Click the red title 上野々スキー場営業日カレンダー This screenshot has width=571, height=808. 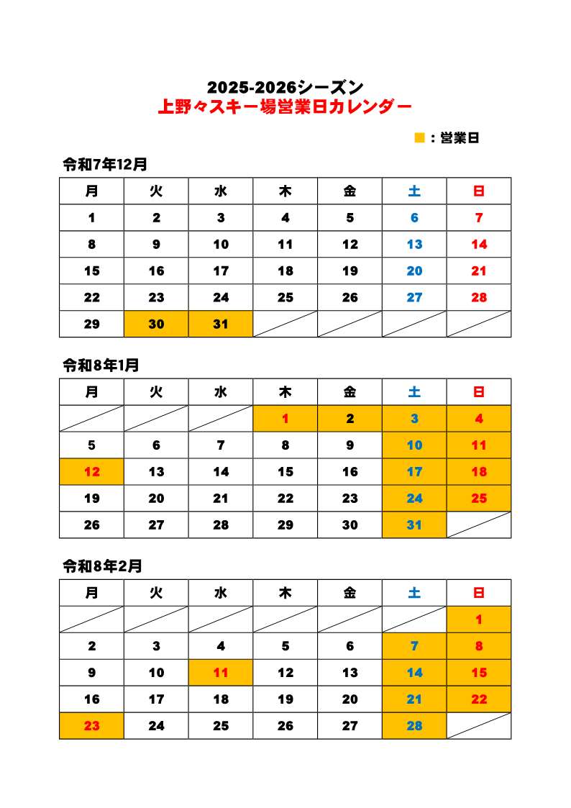285,108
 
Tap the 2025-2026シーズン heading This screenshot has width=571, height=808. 285,88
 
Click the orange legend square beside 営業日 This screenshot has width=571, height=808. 419,137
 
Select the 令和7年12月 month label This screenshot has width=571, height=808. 105,164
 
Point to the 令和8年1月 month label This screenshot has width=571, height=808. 101,366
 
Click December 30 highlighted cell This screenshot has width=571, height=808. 156,324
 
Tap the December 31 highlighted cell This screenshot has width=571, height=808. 221,324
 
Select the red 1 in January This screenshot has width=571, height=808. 285,419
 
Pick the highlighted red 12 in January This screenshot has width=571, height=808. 91,472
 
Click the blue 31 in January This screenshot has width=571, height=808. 414,525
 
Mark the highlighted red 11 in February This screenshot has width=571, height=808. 221,673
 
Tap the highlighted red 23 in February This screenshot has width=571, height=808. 91,726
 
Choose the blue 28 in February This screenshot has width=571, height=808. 414,726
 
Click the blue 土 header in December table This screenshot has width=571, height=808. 414,191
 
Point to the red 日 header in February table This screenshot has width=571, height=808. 479,594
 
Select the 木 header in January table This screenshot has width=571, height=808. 285,392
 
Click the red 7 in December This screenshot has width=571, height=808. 479,218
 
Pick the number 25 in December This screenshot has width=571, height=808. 285,297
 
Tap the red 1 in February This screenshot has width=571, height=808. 479,619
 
